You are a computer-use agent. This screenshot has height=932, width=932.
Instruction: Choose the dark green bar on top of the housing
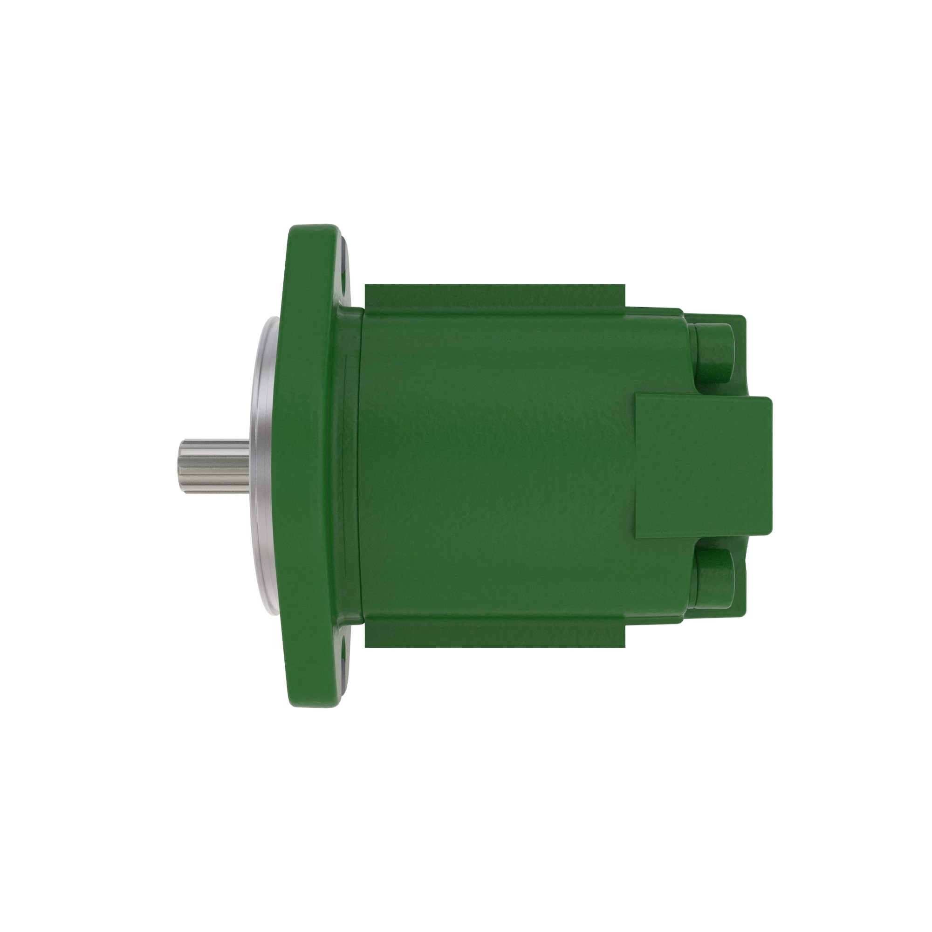pyautogui.click(x=494, y=297)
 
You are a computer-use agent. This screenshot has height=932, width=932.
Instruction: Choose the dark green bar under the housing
pyautogui.click(x=494, y=633)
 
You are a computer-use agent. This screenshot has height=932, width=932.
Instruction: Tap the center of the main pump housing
pyautogui.click(x=497, y=466)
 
